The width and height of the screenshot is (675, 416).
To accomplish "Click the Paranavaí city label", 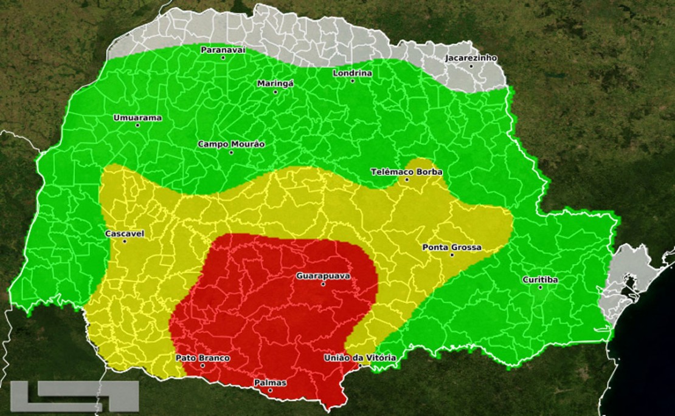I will pos(223,50).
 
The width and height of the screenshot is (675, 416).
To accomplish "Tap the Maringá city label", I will pos(275,83).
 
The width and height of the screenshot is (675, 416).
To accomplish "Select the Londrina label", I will pos(352,73).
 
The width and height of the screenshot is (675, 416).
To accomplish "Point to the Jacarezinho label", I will pos(471,58).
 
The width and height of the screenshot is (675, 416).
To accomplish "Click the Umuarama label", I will pos(137,118).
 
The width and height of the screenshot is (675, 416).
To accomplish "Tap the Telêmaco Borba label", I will pos(407,172).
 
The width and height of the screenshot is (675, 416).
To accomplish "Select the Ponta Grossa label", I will pos(452,247).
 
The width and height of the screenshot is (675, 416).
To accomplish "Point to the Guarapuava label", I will pos(323,276).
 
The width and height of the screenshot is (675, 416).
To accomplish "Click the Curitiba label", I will pos(540,280).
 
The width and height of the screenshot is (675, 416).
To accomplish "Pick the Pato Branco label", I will pos(202,358).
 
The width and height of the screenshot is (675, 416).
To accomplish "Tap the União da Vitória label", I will pos(359,358).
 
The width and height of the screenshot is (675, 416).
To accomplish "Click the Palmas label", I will pos(270,383).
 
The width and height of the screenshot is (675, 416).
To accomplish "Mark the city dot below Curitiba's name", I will pos(540,287).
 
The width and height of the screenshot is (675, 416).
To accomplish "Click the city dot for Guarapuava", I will pos(323,284).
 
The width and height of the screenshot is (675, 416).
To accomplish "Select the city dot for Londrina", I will pos(352,81).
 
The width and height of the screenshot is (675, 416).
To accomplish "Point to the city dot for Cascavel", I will pos(125,241).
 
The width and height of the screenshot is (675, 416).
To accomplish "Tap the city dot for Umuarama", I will pos(137,126).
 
